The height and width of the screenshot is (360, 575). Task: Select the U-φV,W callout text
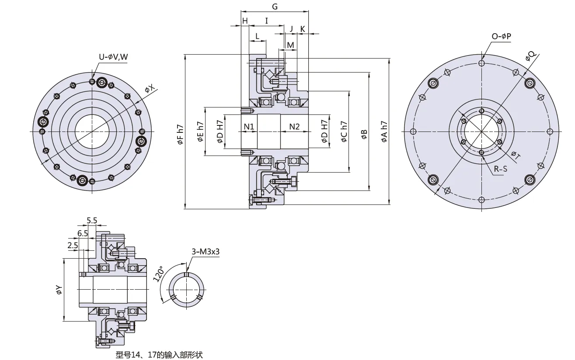click(113, 57)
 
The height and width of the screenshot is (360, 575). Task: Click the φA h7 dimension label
click(384, 132)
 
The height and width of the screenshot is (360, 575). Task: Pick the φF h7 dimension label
click(180, 135)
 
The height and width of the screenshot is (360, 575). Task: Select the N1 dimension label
click(249, 127)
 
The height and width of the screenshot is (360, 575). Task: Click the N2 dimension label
click(295, 127)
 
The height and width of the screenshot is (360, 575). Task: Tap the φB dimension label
click(364, 135)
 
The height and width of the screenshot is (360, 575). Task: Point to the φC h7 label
click(344, 132)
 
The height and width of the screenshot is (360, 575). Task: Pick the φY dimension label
click(59, 290)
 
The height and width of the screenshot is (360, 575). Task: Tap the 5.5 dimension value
click(92, 221)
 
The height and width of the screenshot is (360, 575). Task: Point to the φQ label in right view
click(530, 56)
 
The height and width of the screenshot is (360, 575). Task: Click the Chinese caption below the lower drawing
click(159, 355)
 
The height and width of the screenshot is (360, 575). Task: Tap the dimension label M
click(290, 45)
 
